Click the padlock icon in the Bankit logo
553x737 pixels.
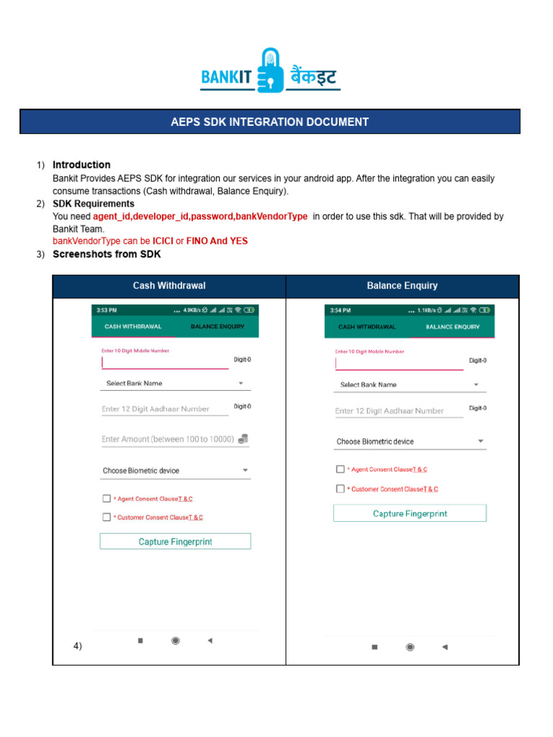(x=271, y=69)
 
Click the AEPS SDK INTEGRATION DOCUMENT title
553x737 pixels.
(x=269, y=122)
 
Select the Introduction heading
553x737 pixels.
(x=81, y=165)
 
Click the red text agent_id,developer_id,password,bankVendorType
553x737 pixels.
(x=200, y=217)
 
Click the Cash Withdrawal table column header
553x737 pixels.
(x=169, y=286)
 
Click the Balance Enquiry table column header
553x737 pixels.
(x=402, y=286)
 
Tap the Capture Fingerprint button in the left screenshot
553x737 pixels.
(x=175, y=541)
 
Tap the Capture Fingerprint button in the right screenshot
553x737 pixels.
(x=410, y=513)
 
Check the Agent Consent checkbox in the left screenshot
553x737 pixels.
(x=107, y=498)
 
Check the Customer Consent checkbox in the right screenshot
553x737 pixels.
(x=341, y=489)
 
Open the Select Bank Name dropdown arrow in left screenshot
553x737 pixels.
(x=241, y=384)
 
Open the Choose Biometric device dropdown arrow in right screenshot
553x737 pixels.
(x=480, y=441)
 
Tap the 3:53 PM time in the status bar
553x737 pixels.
(x=107, y=310)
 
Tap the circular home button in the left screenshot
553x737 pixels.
(x=175, y=641)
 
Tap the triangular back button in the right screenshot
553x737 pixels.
(x=444, y=647)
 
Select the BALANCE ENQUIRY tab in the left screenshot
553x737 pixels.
(x=217, y=327)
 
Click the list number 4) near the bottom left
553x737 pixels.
(x=78, y=646)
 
